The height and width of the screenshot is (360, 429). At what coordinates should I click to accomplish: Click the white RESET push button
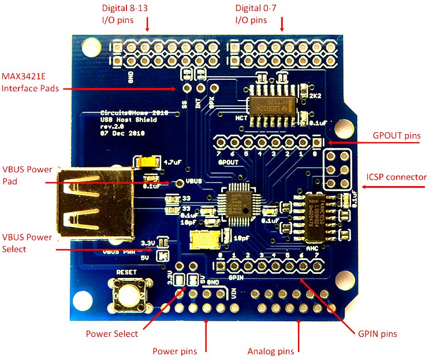[x=129, y=294]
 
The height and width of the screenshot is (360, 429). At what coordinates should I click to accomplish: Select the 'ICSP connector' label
[x=397, y=177]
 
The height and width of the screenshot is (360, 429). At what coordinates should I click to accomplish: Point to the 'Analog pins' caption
[x=270, y=351]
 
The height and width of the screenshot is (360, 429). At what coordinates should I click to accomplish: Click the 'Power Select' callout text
[x=112, y=333]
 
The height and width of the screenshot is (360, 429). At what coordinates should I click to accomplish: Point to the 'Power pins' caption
[x=174, y=351]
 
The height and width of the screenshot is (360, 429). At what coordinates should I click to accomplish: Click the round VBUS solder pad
[x=180, y=183]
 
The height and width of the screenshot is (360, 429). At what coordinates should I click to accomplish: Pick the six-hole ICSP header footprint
[x=337, y=170]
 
